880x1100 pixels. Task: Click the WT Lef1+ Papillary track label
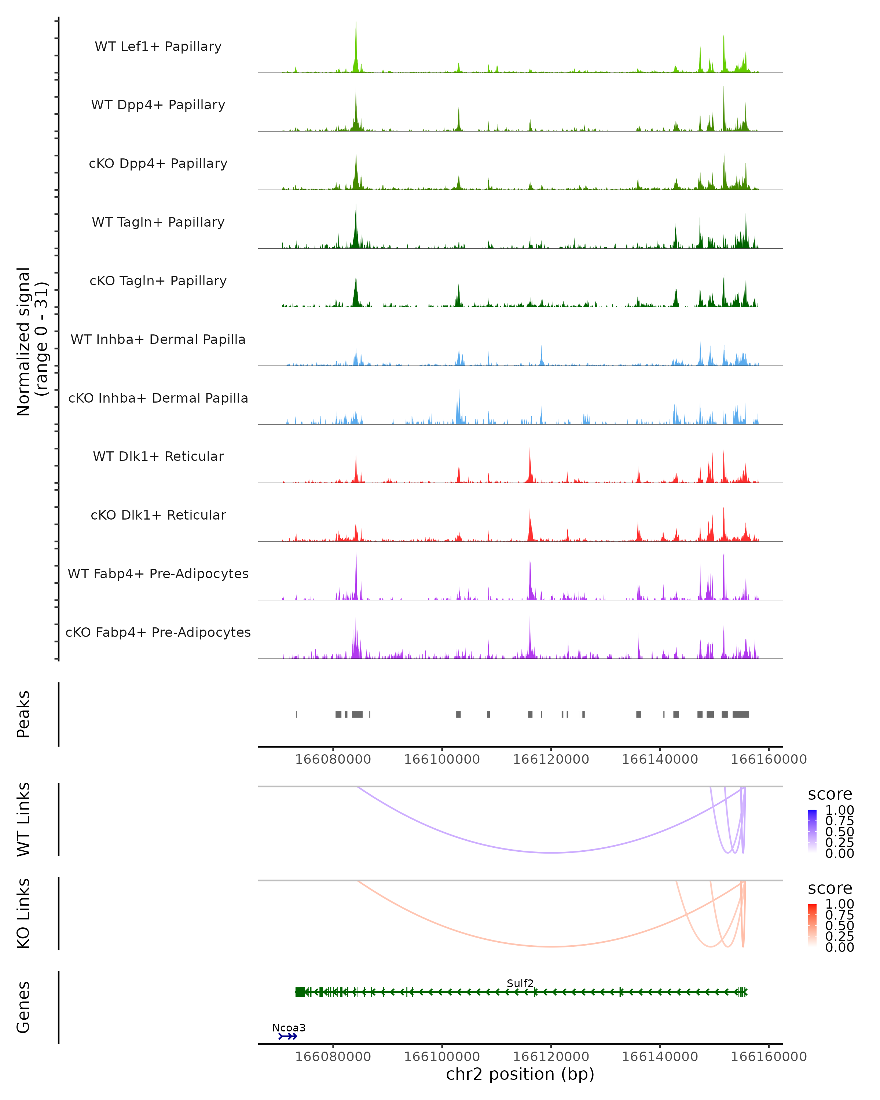click(x=158, y=47)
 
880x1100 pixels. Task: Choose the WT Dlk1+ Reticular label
click(x=158, y=456)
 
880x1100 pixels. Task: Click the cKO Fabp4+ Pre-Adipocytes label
click(x=158, y=632)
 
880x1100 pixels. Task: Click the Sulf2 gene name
click(x=520, y=983)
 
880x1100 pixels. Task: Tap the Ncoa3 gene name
click(x=289, y=1027)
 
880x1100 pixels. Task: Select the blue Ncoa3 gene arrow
click(x=288, y=1036)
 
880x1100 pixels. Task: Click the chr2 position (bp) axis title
click(x=520, y=1074)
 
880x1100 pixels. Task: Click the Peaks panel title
click(x=23, y=714)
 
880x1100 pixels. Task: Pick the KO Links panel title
click(x=23, y=913)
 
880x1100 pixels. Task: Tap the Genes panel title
click(x=23, y=1007)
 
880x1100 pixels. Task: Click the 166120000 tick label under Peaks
click(x=551, y=759)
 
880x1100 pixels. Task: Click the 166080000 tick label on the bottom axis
click(x=333, y=1056)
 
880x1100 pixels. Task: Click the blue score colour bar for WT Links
click(x=812, y=830)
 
